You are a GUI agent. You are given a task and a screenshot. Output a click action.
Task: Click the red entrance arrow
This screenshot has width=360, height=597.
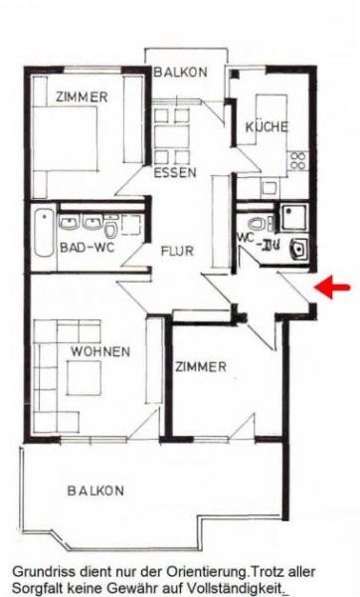click(333, 288)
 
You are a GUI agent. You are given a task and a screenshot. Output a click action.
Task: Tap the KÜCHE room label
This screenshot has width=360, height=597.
click(266, 126)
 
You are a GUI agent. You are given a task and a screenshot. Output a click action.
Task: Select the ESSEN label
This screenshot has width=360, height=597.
click(176, 173)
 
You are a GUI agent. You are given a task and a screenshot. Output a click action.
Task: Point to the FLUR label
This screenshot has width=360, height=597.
click(176, 252)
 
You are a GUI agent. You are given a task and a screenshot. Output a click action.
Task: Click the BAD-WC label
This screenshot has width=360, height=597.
click(84, 246)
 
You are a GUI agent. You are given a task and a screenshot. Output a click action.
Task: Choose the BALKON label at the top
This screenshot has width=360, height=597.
click(180, 72)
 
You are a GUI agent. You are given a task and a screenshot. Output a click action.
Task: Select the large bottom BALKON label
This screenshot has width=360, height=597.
click(95, 491)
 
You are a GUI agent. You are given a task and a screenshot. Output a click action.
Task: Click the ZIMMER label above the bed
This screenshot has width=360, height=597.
click(83, 97)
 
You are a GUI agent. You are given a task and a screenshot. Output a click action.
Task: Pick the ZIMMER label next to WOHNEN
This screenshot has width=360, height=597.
click(201, 367)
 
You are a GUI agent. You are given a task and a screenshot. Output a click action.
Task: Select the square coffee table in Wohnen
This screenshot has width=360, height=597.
click(81, 376)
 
